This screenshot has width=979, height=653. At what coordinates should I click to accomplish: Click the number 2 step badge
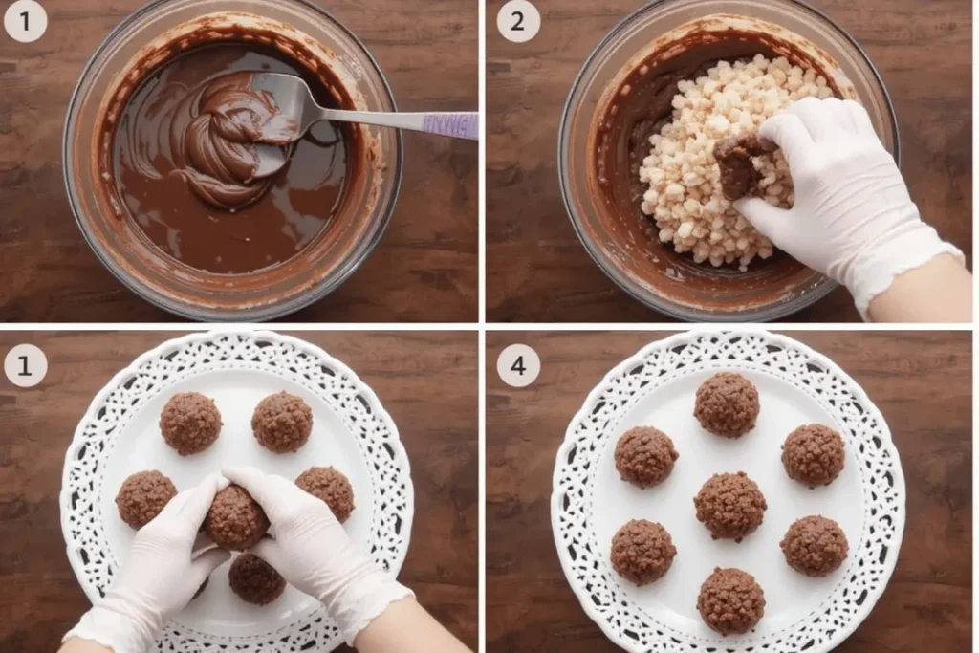518,21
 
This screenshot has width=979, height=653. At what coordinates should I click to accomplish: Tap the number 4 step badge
518,366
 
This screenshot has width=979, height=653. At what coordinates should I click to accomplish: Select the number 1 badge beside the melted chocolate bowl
25,21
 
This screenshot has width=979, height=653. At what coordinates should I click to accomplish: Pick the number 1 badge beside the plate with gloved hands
25,366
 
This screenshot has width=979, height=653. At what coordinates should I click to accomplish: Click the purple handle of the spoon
450,123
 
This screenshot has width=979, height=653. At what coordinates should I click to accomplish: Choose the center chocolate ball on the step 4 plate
729,506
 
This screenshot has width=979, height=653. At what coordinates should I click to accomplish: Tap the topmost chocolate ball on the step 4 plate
727,404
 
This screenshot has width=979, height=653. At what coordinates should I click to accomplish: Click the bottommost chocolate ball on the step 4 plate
730,600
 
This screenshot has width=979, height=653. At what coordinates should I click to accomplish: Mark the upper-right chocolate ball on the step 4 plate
813,455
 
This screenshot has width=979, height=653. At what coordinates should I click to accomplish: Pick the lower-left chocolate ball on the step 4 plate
643,552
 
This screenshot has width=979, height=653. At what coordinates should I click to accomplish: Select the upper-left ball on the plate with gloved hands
190,424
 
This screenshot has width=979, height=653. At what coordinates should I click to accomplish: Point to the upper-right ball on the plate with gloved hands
282,422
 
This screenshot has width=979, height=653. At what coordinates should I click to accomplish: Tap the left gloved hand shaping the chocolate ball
150,562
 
